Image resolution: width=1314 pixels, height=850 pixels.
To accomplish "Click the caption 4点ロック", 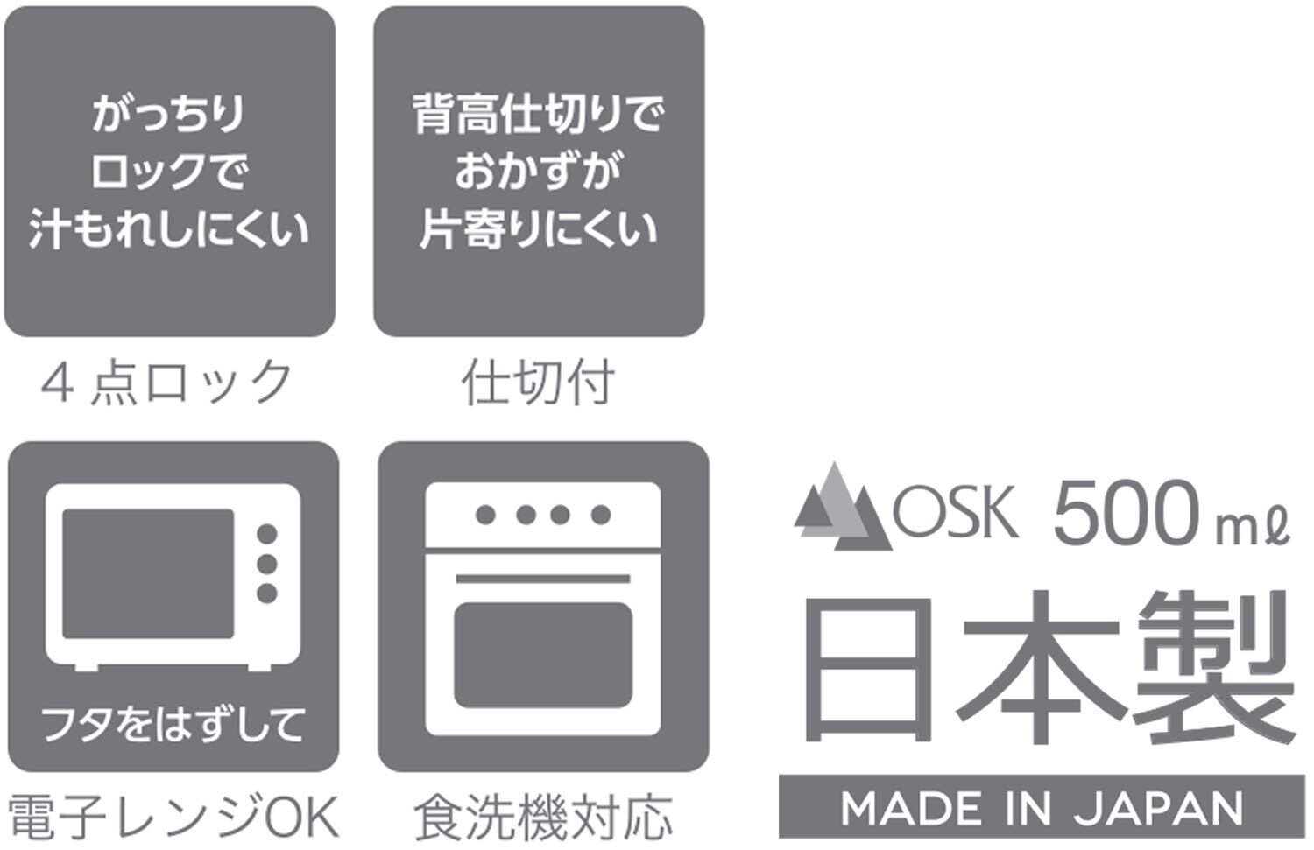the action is point(166,383).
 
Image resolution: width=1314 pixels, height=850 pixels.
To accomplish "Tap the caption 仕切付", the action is point(538,383).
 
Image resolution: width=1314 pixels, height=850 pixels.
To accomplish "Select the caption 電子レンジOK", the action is point(173,816).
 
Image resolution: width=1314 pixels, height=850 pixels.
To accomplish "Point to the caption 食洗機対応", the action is point(543,816).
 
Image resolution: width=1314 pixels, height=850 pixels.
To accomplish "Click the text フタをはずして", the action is point(173,726).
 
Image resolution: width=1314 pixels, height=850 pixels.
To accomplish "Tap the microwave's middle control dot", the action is point(267,564).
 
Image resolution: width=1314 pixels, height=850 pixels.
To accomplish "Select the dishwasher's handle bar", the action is point(543,579).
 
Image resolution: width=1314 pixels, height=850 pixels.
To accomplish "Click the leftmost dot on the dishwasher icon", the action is point(485,515).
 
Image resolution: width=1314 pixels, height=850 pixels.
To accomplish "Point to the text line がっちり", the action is point(168,115).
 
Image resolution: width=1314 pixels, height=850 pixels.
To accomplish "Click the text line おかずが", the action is point(538,172).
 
